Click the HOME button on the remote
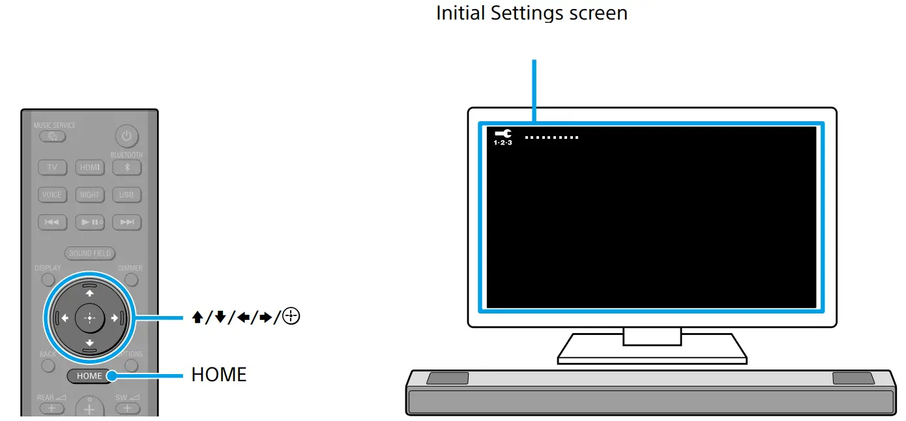click(x=89, y=376)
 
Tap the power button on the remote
click(x=127, y=137)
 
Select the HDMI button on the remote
click(x=89, y=167)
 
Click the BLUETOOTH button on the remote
click(x=127, y=167)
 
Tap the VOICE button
click(x=51, y=195)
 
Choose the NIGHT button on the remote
click(x=89, y=195)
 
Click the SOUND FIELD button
click(x=89, y=254)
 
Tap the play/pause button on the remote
click(x=89, y=222)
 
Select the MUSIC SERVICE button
click(x=51, y=137)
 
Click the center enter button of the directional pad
click(x=89, y=318)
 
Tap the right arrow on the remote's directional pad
click(x=115, y=318)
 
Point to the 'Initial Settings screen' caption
click(x=531, y=13)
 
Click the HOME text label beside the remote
click(x=219, y=375)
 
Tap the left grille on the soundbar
click(x=447, y=378)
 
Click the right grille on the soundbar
click(x=853, y=378)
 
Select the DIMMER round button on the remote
click(x=132, y=280)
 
